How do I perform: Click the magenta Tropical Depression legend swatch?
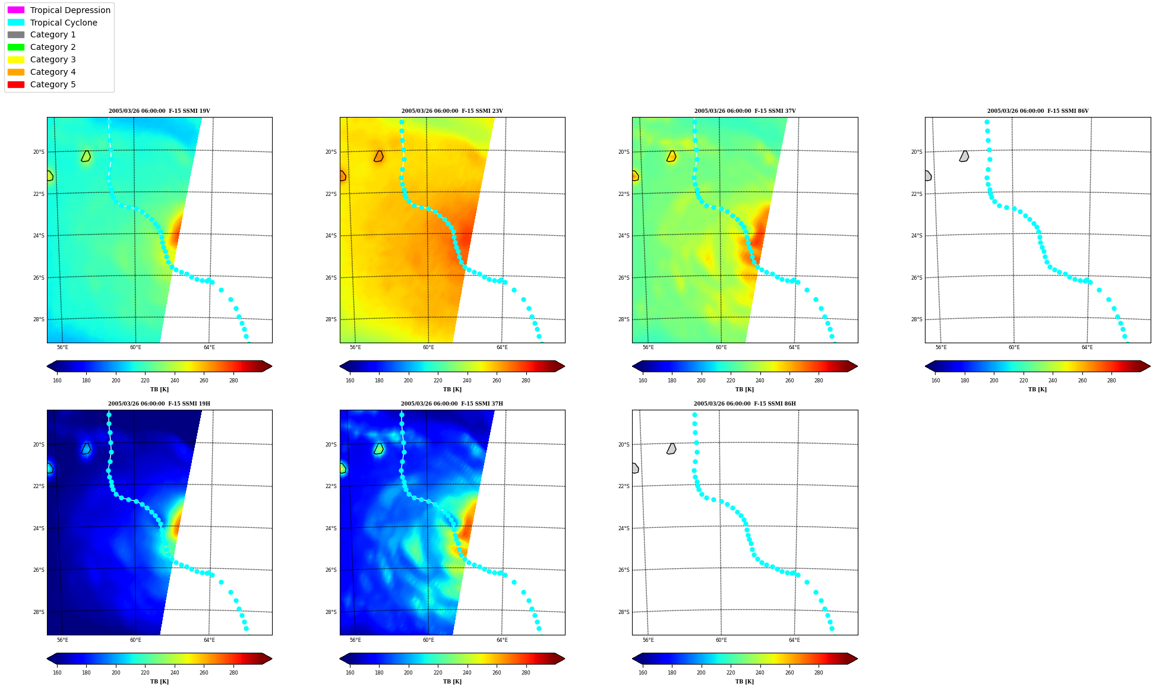point(16,10)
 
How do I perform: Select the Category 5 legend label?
point(53,84)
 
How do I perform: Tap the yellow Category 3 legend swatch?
point(16,59)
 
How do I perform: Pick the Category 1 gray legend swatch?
point(16,34)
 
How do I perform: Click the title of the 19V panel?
point(159,111)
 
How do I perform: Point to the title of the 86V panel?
point(1038,111)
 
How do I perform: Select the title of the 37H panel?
point(452,404)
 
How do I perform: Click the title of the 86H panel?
point(745,404)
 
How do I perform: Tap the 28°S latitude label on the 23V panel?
point(331,319)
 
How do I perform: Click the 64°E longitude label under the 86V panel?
point(1087,347)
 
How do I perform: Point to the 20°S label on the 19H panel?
point(38,445)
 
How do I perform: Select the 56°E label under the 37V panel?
point(648,347)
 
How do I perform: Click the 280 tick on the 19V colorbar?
point(233,381)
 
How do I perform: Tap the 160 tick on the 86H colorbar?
point(643,673)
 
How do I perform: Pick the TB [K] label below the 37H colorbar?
point(452,682)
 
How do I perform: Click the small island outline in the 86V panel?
point(964,156)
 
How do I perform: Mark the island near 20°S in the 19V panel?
point(86,156)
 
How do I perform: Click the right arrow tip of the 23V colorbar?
point(565,366)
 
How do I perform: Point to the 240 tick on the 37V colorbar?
point(760,381)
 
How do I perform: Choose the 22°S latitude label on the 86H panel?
point(624,486)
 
